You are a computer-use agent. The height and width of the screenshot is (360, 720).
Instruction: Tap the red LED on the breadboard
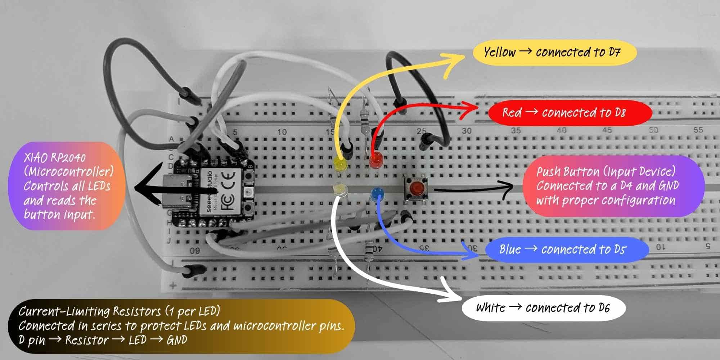tap(375, 159)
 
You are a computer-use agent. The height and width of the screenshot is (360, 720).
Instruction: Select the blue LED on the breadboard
tap(377, 194)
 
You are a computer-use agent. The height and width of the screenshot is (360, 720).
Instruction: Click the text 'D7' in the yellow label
tap(614, 53)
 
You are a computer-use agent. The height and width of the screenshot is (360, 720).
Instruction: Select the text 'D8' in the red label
tap(620, 113)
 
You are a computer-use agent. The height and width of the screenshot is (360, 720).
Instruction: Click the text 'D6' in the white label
tap(604, 308)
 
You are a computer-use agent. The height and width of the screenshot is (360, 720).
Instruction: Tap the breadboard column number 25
tap(421, 131)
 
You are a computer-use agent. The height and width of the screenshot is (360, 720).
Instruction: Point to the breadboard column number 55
tap(698, 130)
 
